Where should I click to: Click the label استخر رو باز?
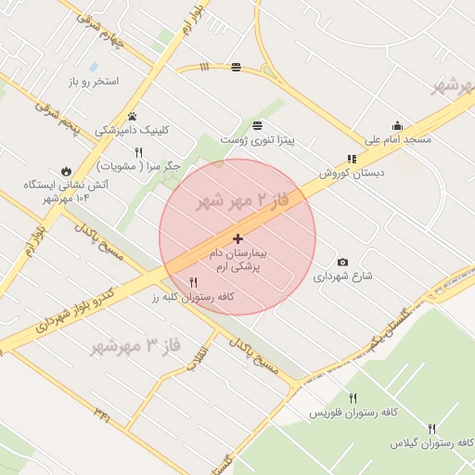(92, 82)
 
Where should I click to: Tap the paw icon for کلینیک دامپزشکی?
(132, 117)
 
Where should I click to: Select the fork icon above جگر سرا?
(138, 151)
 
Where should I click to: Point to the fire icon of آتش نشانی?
(66, 171)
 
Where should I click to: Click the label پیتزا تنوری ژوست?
(257, 139)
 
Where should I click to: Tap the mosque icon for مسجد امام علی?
(397, 126)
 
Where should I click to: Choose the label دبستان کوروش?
(352, 173)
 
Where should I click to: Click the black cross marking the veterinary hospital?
(237, 238)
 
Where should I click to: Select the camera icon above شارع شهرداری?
(342, 263)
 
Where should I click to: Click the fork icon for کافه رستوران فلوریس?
(353, 398)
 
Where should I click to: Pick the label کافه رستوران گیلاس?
(428, 443)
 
